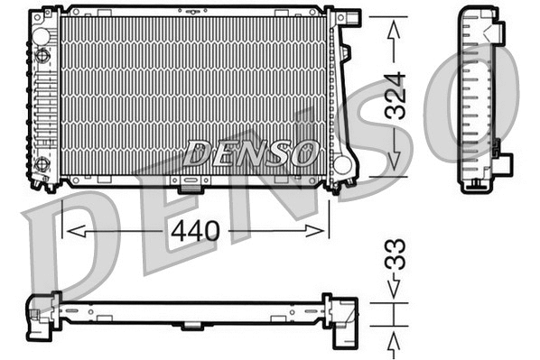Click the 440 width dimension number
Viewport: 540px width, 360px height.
195,231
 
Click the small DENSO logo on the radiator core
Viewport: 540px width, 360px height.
249,152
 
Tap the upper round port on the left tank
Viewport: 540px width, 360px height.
42,55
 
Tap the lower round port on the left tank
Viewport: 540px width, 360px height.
42,164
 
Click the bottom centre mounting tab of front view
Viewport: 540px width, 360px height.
191,187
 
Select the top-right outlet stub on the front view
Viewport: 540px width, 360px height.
348,17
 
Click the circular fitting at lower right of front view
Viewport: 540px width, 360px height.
341,165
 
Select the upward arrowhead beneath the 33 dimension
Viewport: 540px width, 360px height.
395,341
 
